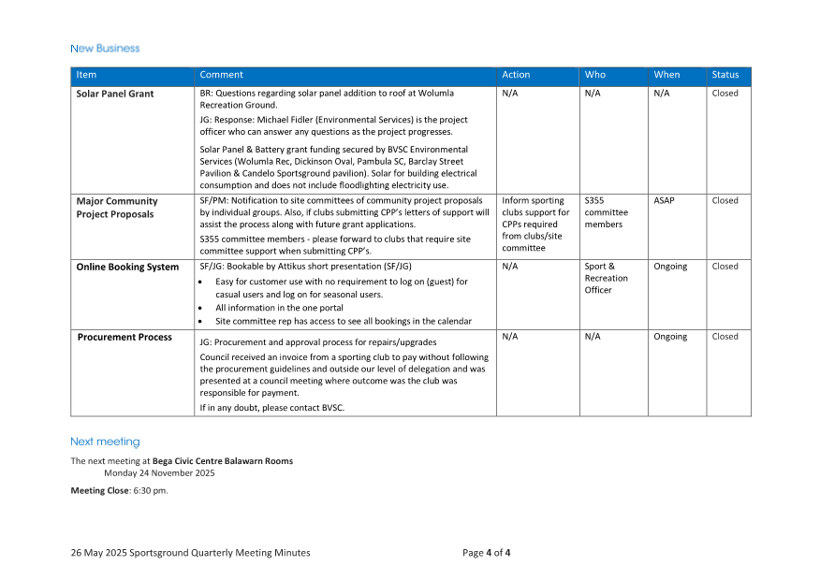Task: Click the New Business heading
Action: (x=105, y=48)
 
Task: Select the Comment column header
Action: (x=221, y=75)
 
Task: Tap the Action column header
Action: (x=516, y=75)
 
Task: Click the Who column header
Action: (x=595, y=75)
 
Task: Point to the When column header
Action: (x=666, y=75)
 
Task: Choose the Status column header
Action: (x=725, y=75)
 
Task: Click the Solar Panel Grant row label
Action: (x=115, y=94)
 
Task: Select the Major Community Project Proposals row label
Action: (x=117, y=208)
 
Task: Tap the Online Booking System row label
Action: (x=127, y=267)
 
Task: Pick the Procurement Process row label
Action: (x=124, y=337)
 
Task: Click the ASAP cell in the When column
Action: (x=664, y=200)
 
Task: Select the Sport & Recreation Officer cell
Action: (x=606, y=278)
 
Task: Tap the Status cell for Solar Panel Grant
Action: (x=725, y=94)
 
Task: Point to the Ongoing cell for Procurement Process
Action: (x=670, y=337)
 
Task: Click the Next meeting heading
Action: (x=105, y=442)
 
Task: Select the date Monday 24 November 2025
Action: (x=159, y=472)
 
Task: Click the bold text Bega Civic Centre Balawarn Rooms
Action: (x=223, y=461)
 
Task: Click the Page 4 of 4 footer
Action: (x=486, y=553)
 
